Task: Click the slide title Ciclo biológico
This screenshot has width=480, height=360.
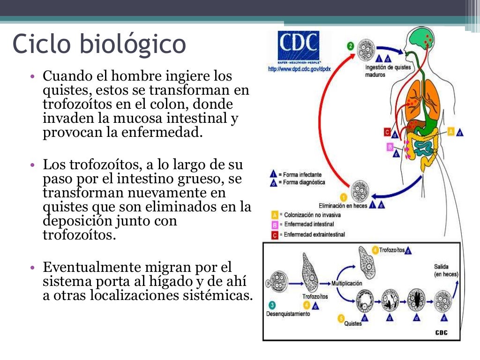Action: point(99,44)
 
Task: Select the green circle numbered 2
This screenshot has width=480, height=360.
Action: point(350,46)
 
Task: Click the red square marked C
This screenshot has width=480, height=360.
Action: point(387,132)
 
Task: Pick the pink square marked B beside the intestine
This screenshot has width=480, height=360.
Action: point(390,146)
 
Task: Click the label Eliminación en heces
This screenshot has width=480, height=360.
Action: point(343,205)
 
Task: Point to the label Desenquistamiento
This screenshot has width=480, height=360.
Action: point(288,314)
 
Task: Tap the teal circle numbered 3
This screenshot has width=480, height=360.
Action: point(272,304)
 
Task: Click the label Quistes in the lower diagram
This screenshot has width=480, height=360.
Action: point(352,323)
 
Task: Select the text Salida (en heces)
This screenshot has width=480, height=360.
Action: point(446,270)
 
